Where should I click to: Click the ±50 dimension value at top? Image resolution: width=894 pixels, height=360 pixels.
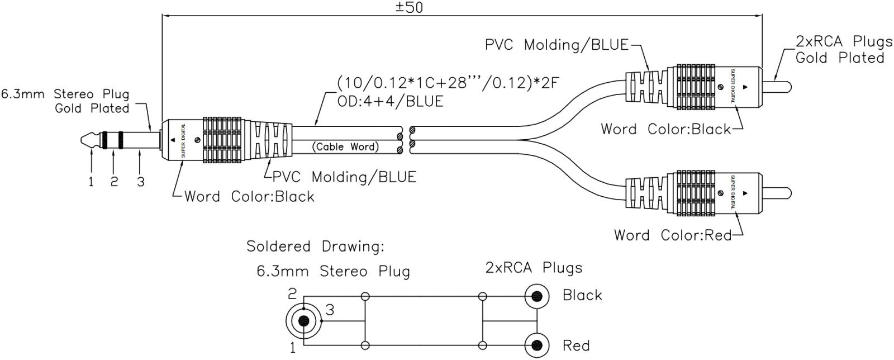coord(410,8)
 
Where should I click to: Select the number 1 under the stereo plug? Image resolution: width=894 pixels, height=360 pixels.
coord(92,182)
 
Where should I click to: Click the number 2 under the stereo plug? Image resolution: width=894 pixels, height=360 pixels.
coord(115,182)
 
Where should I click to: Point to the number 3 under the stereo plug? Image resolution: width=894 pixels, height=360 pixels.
coord(140,182)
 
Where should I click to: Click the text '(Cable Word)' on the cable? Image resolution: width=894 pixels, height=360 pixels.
coord(345,147)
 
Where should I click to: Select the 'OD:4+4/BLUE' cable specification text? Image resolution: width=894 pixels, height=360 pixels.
coord(390,101)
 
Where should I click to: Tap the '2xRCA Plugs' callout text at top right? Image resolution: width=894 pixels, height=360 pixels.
coord(844,41)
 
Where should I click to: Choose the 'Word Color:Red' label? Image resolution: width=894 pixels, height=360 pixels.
coord(673,235)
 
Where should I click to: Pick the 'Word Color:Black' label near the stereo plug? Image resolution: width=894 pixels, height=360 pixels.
coord(249,196)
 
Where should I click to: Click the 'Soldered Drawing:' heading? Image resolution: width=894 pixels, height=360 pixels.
coord(316,247)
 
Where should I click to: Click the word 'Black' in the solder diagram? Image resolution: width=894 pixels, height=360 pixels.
coord(582,295)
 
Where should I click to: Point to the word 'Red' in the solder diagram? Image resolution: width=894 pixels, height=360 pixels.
coord(576,345)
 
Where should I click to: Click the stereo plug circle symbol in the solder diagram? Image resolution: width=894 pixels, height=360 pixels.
coord(303,321)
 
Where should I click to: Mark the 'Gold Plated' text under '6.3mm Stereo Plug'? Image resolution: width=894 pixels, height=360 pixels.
coord(92,108)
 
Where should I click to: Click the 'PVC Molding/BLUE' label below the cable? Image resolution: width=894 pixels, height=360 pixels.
coord(344,177)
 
